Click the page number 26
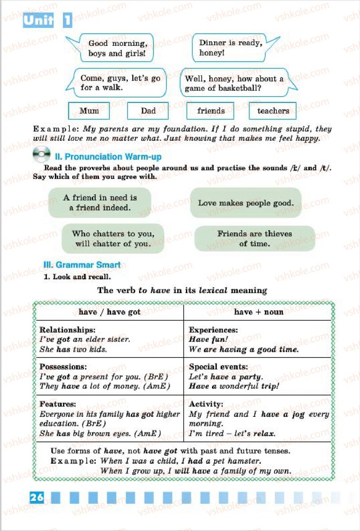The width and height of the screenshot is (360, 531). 37,497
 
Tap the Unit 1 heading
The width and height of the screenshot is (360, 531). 47,20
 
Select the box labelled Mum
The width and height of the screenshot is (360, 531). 89,111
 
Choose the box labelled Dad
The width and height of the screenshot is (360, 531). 148,111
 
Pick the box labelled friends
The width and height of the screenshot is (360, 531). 211,111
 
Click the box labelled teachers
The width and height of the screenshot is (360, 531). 273,111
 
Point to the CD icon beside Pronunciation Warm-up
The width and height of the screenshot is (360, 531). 41,155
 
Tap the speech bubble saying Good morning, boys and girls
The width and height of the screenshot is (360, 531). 117,48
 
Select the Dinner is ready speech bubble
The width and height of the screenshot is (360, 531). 230,48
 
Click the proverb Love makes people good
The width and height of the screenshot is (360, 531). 246,203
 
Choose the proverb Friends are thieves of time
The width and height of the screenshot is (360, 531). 254,238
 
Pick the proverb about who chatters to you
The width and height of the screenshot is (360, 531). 113,238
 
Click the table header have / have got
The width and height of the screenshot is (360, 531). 109,312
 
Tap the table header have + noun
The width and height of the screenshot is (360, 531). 258,312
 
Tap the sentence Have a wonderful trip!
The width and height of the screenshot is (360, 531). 234,386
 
